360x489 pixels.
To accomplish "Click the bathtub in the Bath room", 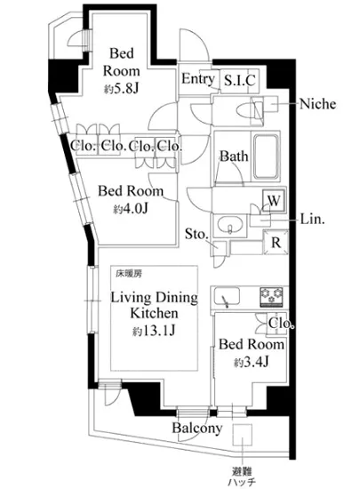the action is click(266, 156).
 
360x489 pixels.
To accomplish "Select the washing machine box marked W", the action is click(274, 201).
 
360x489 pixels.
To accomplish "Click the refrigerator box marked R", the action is click(276, 242).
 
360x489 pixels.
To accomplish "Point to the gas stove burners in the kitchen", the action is click(271, 297).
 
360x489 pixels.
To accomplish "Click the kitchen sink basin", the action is click(227, 297).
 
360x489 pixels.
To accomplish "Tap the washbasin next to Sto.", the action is click(230, 225).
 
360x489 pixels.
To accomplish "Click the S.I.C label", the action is click(240, 80).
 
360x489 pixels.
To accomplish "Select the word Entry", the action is click(198, 79).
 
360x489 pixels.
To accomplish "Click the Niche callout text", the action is click(317, 104).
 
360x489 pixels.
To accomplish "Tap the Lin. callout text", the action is click(312, 220).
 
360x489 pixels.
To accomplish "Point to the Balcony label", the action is click(197, 429).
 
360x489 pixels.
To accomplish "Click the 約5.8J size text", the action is click(121, 90).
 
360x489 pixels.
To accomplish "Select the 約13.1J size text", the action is click(154, 331).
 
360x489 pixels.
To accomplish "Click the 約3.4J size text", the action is click(252, 362).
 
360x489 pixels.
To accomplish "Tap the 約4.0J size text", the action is click(131, 209).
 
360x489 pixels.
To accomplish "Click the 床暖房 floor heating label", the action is click(129, 274).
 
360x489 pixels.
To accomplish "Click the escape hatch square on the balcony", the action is click(242, 435).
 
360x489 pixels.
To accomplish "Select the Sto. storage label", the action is click(196, 234).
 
